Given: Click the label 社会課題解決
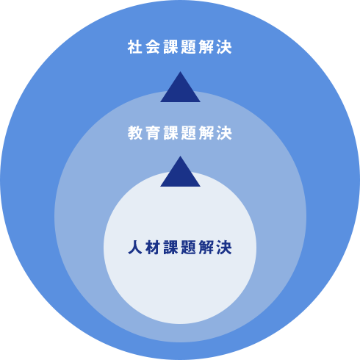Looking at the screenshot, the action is tap(179, 47).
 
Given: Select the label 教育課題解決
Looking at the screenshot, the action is tap(179, 133).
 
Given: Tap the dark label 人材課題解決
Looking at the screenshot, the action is tap(179, 248).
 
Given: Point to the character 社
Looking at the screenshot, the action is tap(135, 47).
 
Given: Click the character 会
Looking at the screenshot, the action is tap(153, 47).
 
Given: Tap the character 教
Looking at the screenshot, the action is tap(135, 133).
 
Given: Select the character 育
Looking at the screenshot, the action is tap(153, 133).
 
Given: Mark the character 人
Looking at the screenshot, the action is tap(135, 248).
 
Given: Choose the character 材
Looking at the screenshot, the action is tap(153, 248).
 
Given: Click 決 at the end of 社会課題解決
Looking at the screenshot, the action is tap(224, 47).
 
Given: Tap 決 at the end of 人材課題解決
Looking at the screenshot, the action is tap(224, 248).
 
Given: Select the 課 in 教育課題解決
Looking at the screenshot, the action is tap(170, 133).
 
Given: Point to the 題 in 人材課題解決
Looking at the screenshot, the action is tap(189, 248).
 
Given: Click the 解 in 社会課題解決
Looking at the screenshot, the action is tap(206, 47).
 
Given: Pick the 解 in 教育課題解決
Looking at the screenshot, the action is tap(206, 133).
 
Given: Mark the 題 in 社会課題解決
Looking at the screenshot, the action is tap(189, 47).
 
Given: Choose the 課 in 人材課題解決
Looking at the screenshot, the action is tap(170, 248).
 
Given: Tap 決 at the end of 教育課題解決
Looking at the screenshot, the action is tap(224, 133).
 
